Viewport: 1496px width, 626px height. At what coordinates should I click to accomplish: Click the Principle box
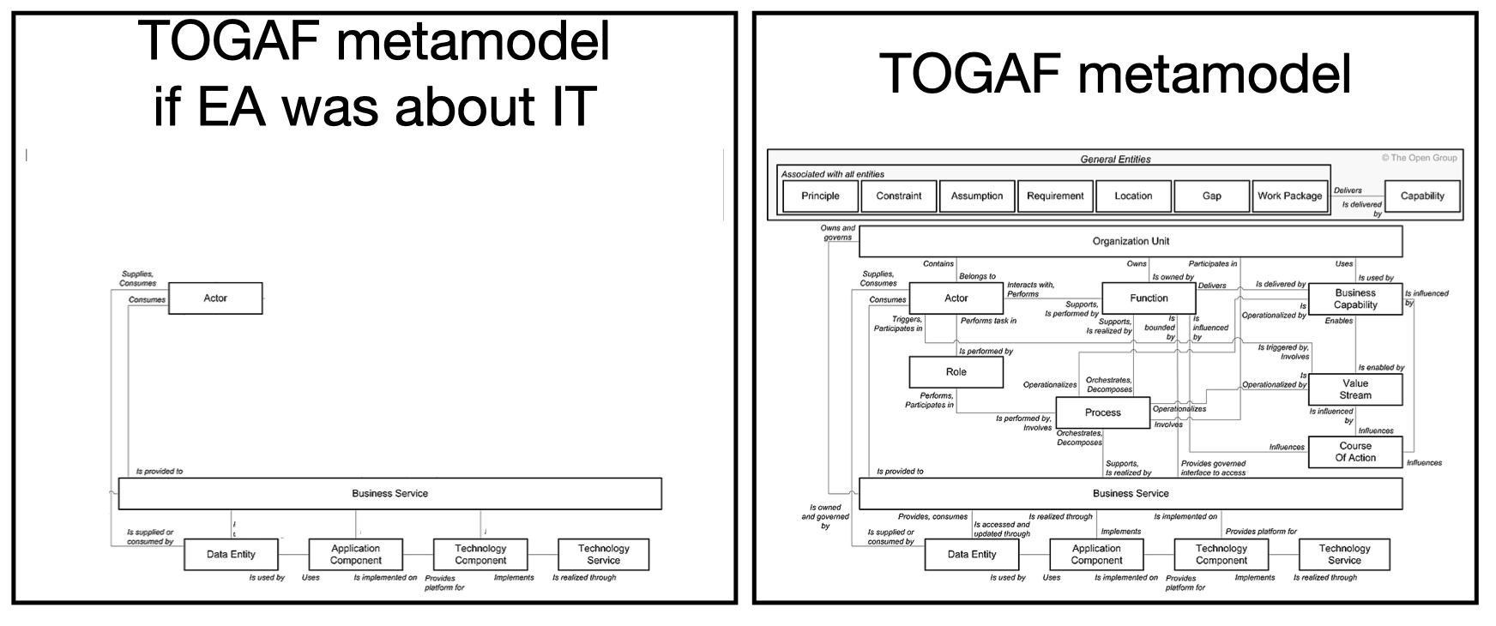coord(820,196)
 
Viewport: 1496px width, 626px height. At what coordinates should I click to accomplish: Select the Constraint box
coord(898,196)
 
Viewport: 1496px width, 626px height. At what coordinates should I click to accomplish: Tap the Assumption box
coord(977,196)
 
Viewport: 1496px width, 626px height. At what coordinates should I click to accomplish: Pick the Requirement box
coord(1055,196)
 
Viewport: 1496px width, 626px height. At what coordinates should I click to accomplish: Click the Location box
coord(1133,196)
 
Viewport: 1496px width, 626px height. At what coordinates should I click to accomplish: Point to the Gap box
coord(1211,196)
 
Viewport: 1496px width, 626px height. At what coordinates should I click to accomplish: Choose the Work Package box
coord(1289,196)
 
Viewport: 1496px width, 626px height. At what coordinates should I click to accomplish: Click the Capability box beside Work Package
coord(1422,196)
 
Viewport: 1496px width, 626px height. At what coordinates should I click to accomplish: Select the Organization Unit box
coord(1131,242)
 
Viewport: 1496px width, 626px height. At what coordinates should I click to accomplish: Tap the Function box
coord(1149,298)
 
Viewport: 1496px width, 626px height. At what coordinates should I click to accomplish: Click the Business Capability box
coord(1355,299)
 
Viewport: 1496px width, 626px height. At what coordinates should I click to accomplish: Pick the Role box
coord(956,372)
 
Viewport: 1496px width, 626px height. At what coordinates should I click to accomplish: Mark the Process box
coord(1102,413)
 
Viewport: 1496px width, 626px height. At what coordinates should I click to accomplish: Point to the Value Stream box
coord(1355,389)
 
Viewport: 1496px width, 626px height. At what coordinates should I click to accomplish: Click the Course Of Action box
coord(1355,452)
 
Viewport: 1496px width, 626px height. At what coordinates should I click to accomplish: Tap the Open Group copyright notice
coord(1419,158)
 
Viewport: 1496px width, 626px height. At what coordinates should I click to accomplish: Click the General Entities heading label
coord(1115,159)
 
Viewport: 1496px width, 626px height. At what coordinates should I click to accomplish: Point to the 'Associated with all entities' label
coord(832,174)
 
